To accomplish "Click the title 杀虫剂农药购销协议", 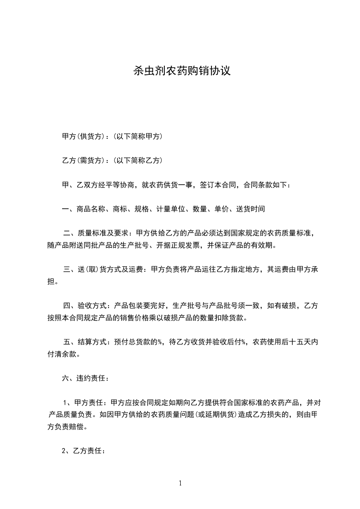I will point(180,71).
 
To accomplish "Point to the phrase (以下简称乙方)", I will point(138,161).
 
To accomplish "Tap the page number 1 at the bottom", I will point(180,484).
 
